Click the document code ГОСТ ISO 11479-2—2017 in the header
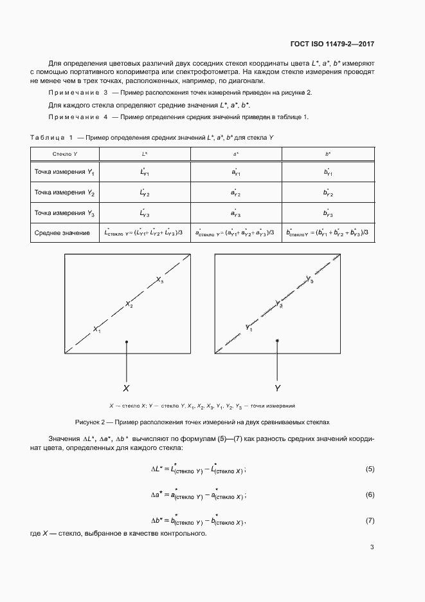click(x=329, y=44)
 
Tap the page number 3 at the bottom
click(x=372, y=547)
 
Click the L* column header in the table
click(x=145, y=155)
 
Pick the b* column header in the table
click(x=328, y=155)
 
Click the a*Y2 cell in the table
click(x=236, y=193)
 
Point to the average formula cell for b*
click(x=328, y=232)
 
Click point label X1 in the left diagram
click(x=97, y=329)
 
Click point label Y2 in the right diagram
click(x=278, y=303)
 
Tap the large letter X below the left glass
click(x=126, y=388)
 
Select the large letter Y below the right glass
click(x=277, y=388)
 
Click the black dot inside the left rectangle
click(x=127, y=341)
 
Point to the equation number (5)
click(x=370, y=469)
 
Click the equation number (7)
click(x=370, y=520)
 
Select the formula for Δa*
click(x=197, y=494)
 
